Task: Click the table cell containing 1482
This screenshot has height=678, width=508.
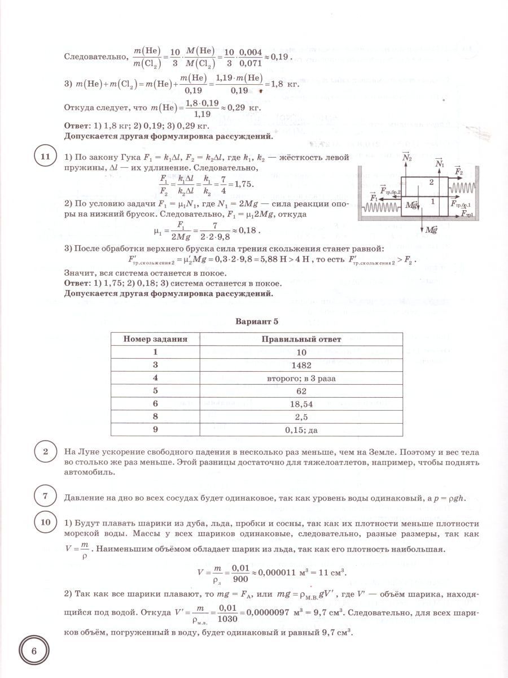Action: pos(301,365)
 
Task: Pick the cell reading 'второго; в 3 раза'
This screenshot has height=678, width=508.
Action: pos(301,378)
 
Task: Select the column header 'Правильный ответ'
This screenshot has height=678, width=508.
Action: pos(301,339)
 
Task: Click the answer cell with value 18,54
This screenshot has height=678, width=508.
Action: pos(301,404)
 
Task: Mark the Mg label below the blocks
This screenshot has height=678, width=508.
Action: pos(432,230)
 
